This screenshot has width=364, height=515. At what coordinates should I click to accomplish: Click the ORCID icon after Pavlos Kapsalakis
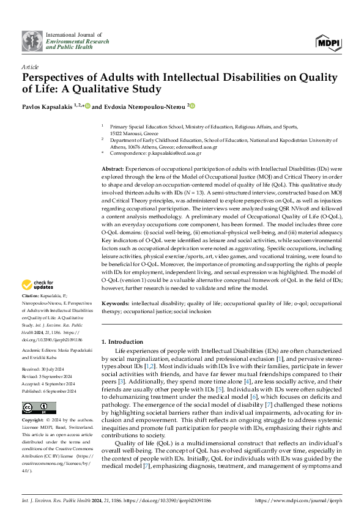[x=87, y=106]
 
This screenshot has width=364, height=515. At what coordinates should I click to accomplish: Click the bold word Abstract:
[x=113, y=168]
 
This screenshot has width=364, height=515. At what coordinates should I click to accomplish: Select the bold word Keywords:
[x=114, y=303]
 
